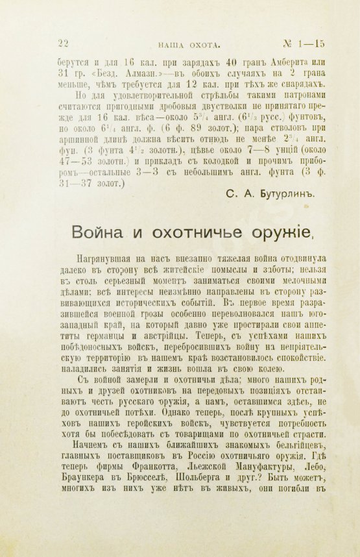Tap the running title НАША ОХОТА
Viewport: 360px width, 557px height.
[190, 43]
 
